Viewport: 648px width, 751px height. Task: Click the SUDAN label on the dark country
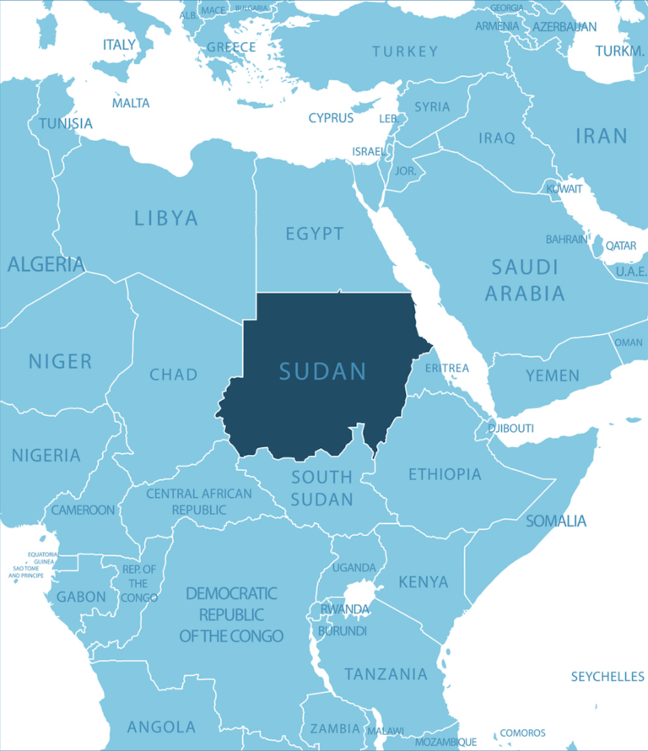322,371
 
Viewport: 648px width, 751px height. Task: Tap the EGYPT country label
314,234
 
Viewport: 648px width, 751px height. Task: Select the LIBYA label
166,219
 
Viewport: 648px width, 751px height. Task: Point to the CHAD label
174,374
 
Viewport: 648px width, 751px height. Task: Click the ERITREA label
446,369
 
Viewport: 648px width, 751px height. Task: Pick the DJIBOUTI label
510,429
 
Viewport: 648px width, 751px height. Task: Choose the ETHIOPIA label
445,474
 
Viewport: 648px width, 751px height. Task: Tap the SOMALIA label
556,521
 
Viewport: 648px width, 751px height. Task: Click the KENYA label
423,582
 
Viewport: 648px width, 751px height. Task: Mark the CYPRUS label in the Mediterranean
331,118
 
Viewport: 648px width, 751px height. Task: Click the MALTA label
131,103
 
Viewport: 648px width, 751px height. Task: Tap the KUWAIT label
564,188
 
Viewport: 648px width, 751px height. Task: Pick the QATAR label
621,246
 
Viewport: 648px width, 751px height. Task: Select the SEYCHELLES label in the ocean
607,677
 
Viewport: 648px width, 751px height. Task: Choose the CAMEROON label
83,510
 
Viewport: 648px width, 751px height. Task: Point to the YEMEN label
553,375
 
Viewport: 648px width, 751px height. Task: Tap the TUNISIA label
65,124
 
